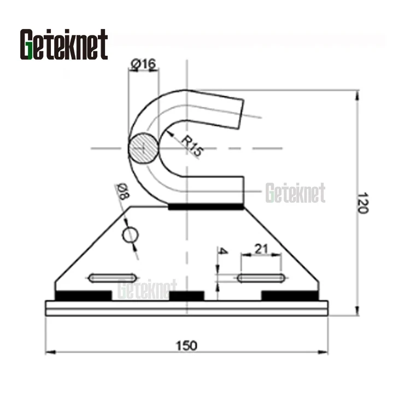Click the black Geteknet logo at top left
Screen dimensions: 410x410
click(x=64, y=44)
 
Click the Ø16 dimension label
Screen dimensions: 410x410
click(x=143, y=65)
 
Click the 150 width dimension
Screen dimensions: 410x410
click(x=186, y=345)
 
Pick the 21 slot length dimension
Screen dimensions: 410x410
click(x=261, y=249)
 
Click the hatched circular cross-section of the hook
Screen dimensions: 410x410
click(x=143, y=148)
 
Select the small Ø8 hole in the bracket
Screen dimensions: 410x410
click(x=130, y=235)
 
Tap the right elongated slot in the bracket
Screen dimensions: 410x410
click(x=261, y=278)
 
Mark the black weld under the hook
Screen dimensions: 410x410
click(x=206, y=207)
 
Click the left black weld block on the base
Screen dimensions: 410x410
click(x=83, y=296)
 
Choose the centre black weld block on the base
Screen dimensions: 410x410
click(x=186, y=296)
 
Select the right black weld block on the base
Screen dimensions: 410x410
click(x=290, y=296)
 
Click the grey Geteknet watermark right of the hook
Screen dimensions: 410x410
click(x=295, y=193)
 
